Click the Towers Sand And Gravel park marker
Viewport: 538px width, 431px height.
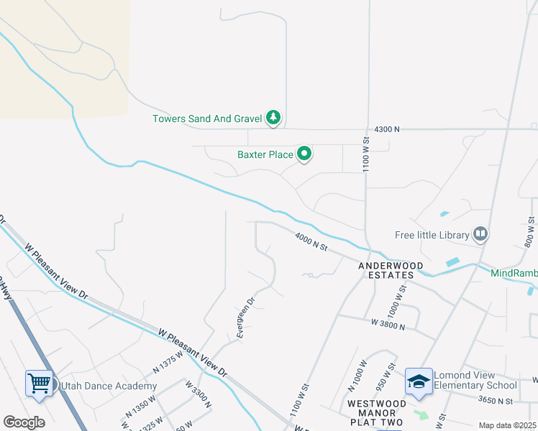pos(273,117)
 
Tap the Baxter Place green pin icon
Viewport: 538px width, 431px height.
pos(304,153)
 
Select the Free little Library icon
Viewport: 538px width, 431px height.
pos(480,233)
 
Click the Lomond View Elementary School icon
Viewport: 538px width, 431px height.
pos(419,381)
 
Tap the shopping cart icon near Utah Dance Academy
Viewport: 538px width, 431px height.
pos(39,383)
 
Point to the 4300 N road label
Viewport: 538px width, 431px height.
pos(386,129)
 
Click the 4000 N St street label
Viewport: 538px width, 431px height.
pos(311,241)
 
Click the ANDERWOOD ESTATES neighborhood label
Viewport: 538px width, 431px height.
pos(391,269)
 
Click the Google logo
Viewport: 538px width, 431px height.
pos(24,422)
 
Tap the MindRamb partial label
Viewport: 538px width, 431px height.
pos(514,273)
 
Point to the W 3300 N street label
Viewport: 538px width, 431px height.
pos(198,394)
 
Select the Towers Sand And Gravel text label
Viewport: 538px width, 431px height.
pos(207,119)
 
